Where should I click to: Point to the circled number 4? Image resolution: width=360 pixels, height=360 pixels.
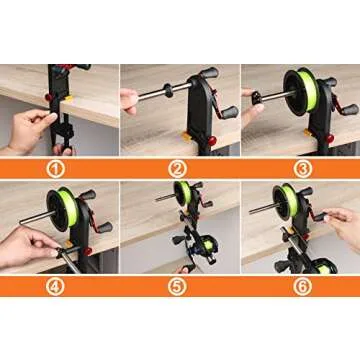point(60,285)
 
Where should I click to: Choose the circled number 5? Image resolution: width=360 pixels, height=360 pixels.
point(180,285)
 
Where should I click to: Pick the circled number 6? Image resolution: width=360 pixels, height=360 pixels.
point(299,285)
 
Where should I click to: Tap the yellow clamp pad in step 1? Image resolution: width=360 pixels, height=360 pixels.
point(65,103)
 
